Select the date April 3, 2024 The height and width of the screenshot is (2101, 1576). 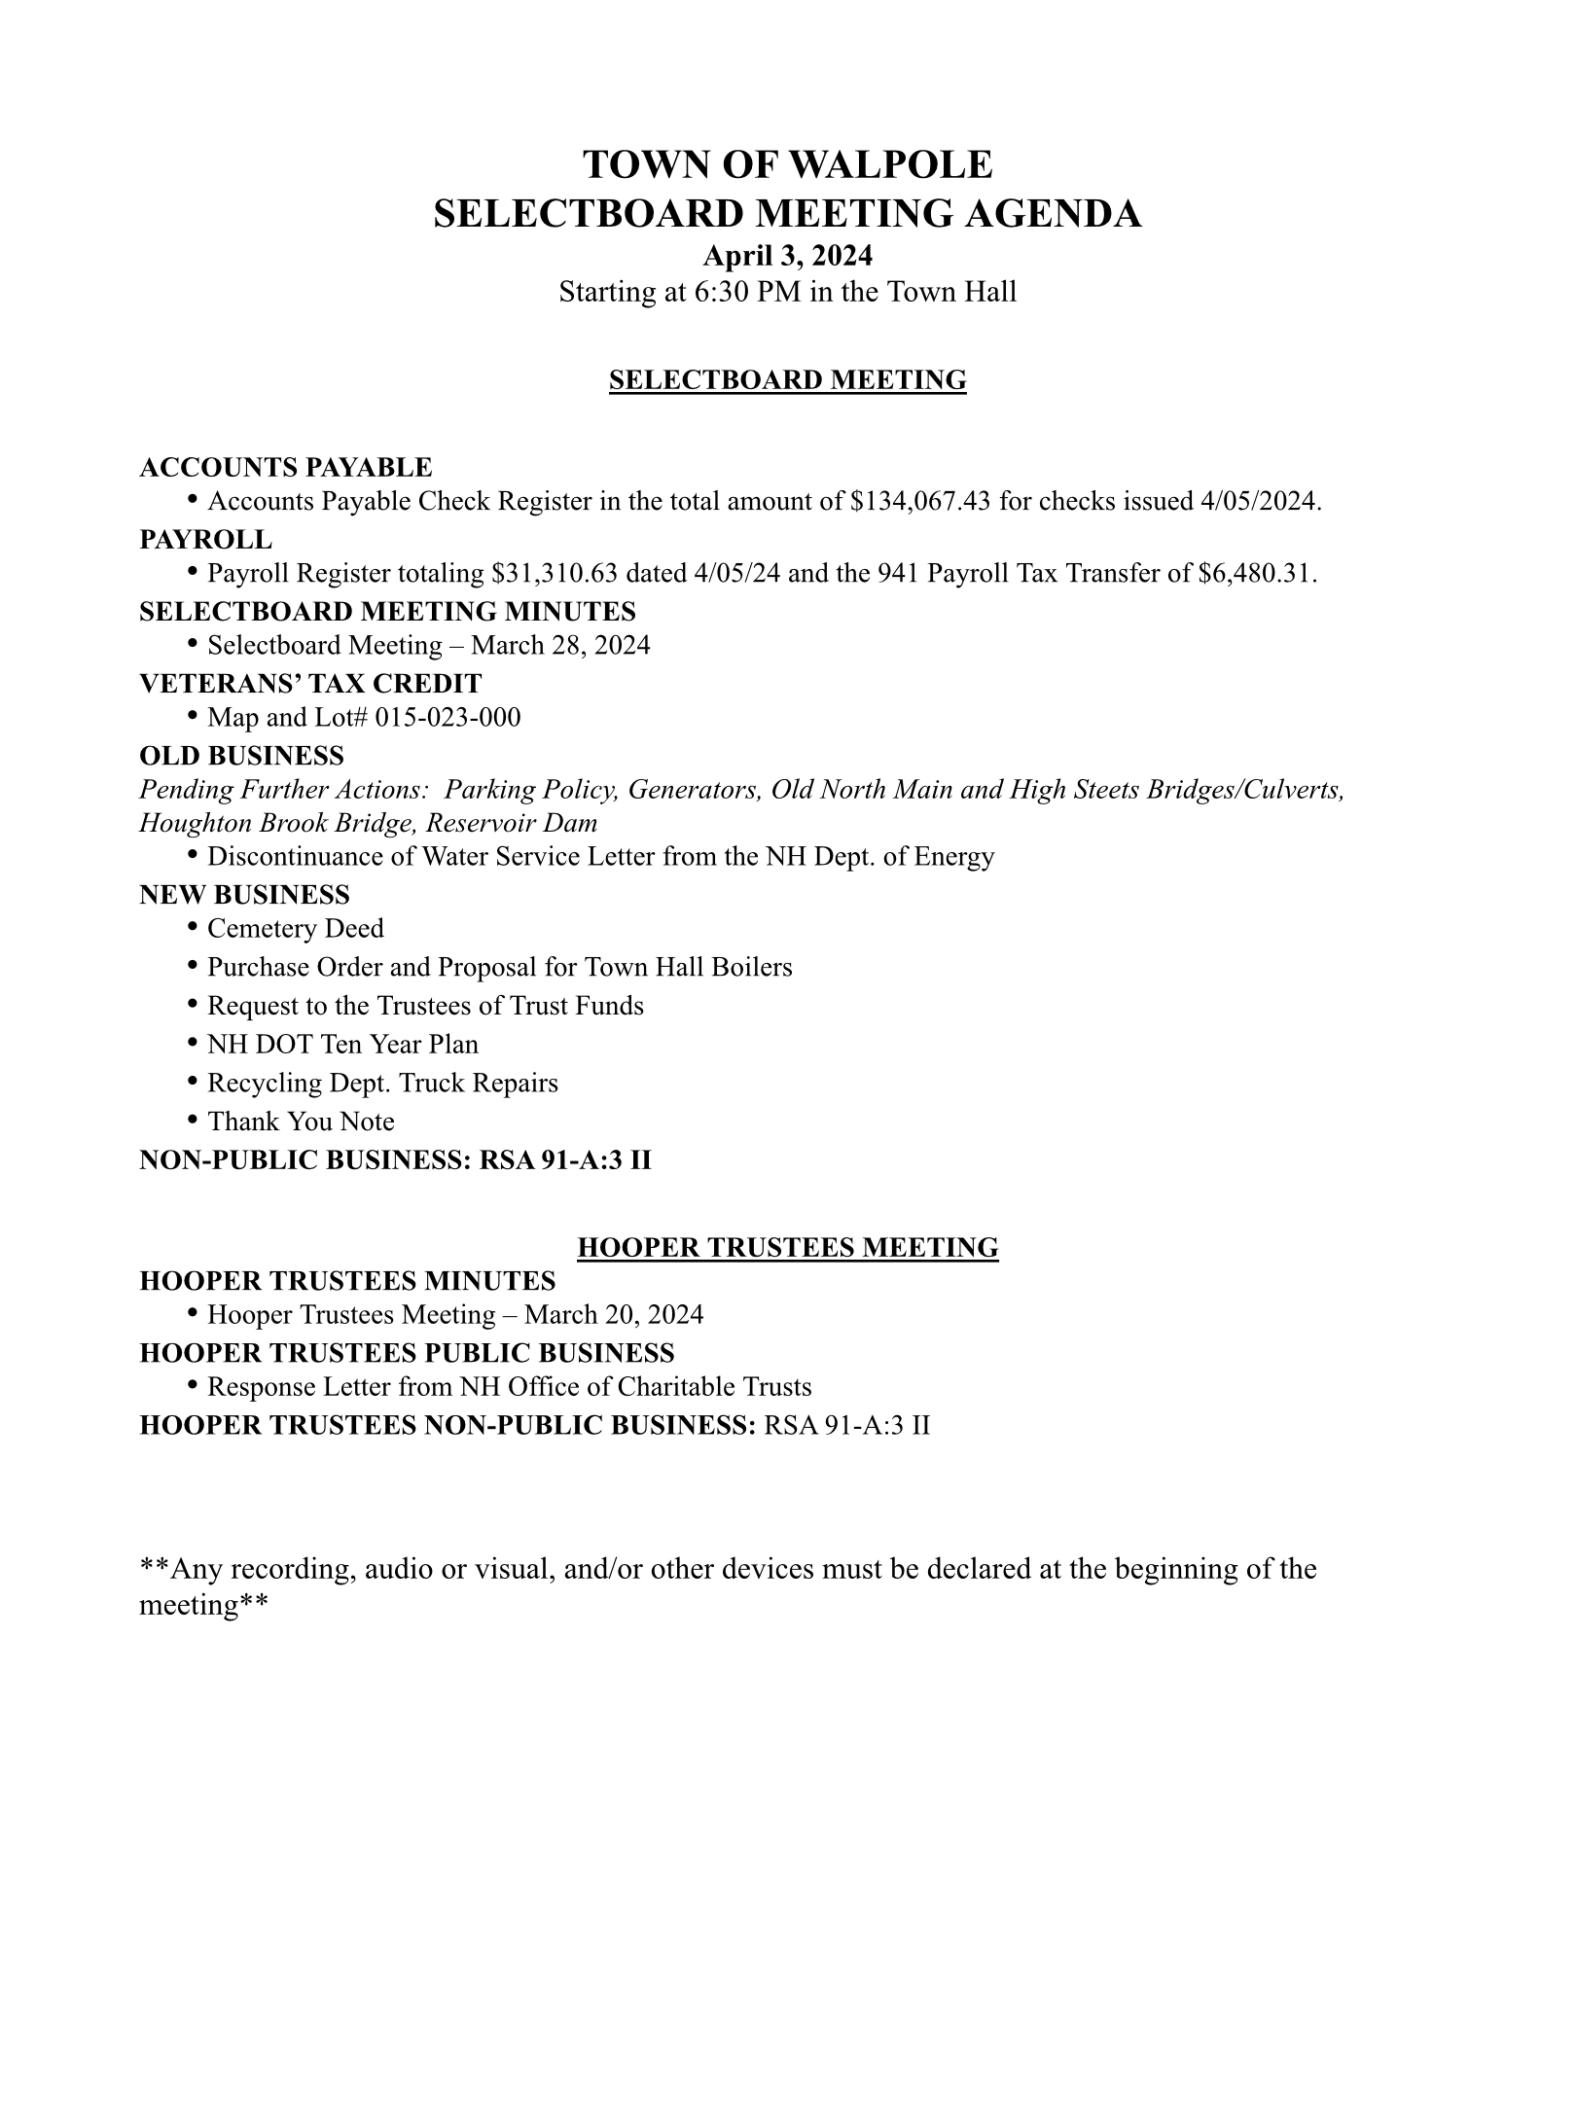click(787, 256)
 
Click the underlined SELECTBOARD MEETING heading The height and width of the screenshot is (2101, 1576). click(787, 379)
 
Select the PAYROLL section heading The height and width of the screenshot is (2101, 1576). click(205, 539)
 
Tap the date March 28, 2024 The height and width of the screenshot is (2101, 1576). click(560, 646)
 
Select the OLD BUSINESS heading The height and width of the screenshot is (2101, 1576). click(241, 756)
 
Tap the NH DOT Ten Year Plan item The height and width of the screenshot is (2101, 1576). click(342, 1045)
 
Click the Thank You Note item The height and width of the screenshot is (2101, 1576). click(301, 1122)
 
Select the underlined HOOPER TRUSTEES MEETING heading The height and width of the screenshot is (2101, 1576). click(787, 1248)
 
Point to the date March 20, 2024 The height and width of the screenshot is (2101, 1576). click(613, 1315)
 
